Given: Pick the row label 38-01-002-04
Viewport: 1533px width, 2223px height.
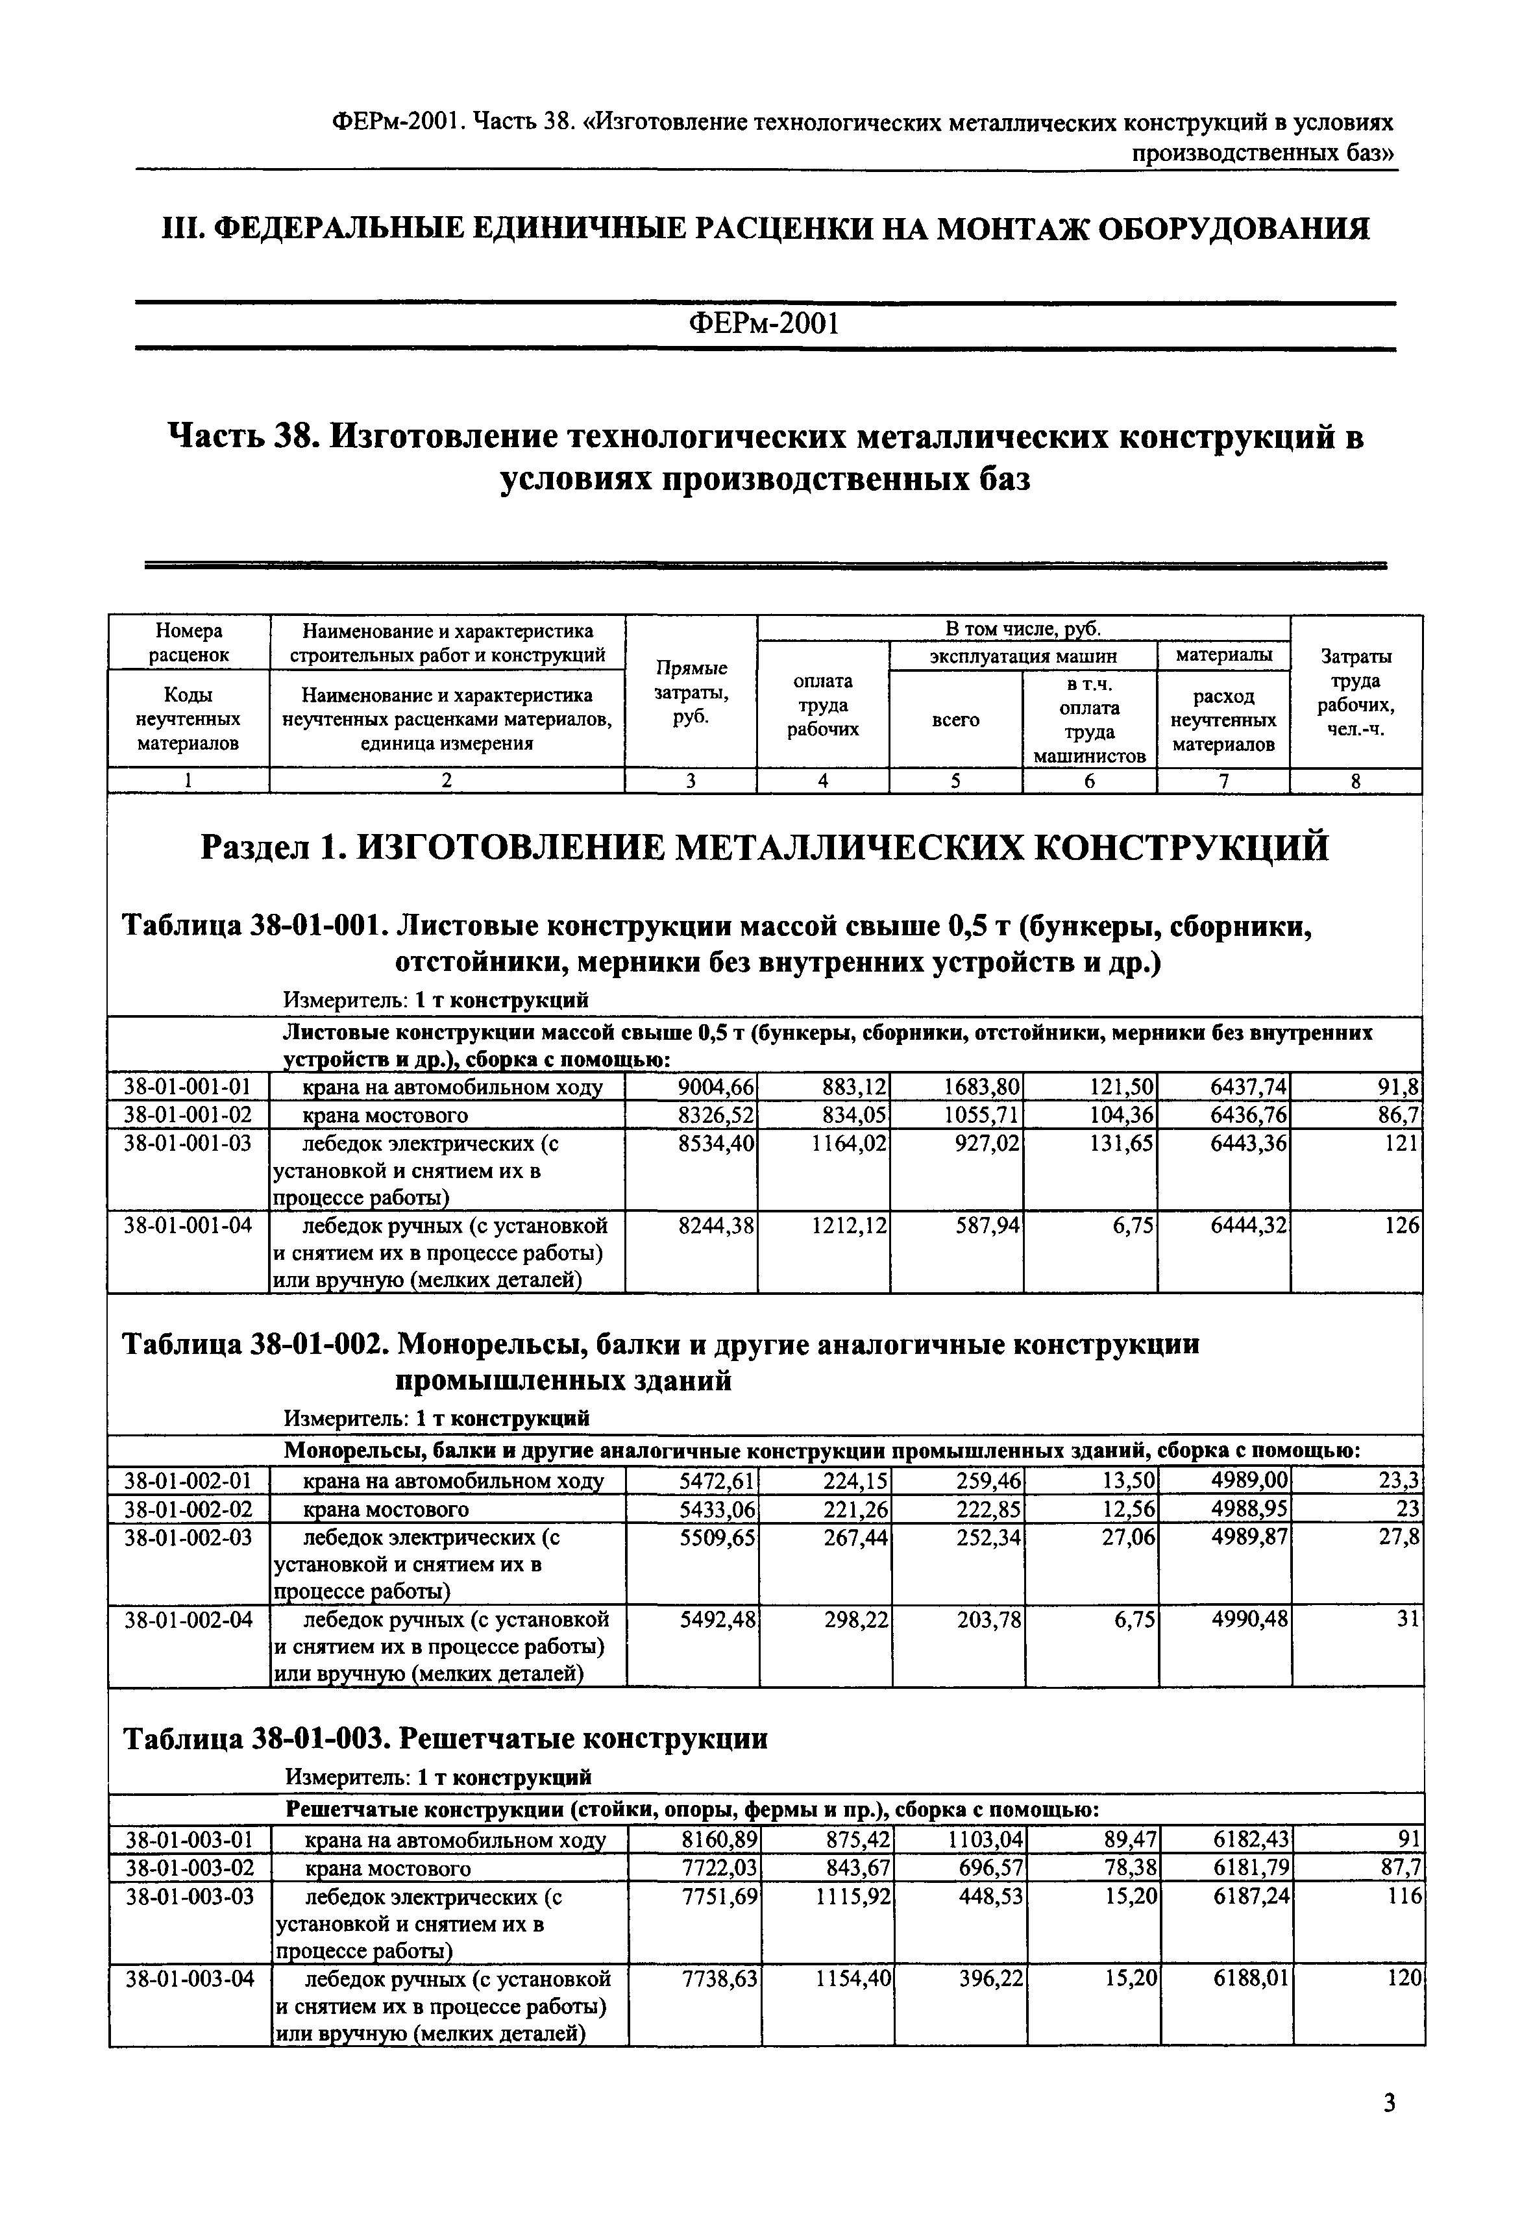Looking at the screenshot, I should point(188,1619).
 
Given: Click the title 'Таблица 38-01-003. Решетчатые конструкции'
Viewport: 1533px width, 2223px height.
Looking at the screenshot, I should point(446,1739).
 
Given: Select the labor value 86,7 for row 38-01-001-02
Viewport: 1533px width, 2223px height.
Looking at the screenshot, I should point(1401,1114).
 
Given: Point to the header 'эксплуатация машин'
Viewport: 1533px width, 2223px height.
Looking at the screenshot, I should point(1023,657).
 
